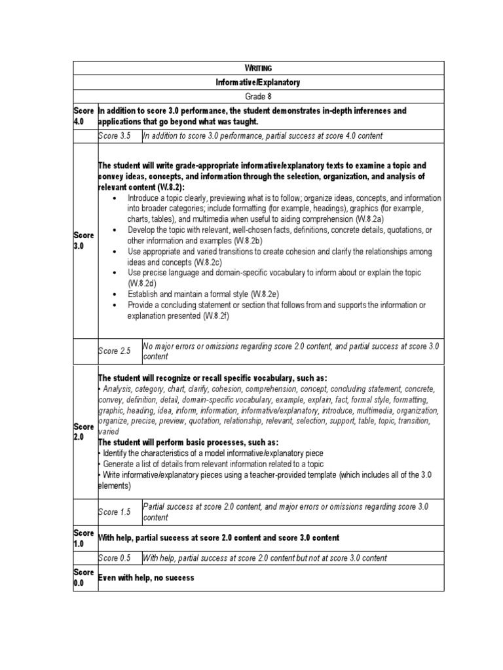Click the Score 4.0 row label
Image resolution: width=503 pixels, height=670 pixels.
click(84, 116)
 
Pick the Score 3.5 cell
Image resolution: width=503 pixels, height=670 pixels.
click(114, 136)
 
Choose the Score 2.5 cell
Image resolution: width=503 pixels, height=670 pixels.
click(114, 351)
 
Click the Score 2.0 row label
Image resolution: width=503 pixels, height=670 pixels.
click(84, 431)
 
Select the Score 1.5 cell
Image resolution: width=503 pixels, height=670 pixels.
click(114, 512)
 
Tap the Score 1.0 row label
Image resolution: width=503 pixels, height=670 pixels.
click(84, 538)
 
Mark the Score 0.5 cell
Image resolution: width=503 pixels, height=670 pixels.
click(114, 558)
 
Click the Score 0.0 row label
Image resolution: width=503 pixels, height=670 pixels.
click(84, 578)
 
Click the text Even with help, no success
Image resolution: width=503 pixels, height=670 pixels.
click(146, 578)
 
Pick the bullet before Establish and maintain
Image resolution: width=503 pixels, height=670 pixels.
click(115, 294)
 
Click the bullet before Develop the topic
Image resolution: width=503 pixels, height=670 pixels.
click(115, 230)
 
